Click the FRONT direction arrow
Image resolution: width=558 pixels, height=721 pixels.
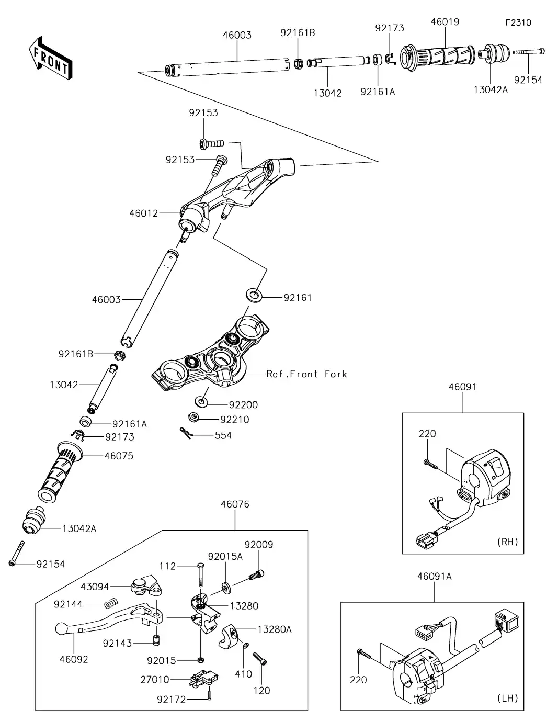tap(50, 59)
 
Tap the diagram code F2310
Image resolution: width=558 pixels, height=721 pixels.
tap(518, 22)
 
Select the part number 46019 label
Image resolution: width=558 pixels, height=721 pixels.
tap(445, 22)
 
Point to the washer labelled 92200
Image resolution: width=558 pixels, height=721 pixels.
tap(201, 402)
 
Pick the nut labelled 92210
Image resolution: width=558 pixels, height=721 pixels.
tap(192, 417)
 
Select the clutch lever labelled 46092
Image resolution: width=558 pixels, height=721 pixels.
tap(109, 617)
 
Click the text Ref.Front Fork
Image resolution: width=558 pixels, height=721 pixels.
tap(306, 374)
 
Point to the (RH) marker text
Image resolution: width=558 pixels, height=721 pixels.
tap(508, 542)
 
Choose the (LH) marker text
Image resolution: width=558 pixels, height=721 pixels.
tap(508, 698)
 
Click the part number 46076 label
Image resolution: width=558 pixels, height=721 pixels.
tap(235, 504)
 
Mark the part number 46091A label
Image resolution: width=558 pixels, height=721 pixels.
tap(435, 577)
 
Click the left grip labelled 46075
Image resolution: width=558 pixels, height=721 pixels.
tap(60, 471)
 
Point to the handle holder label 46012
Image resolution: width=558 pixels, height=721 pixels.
tap(144, 213)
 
